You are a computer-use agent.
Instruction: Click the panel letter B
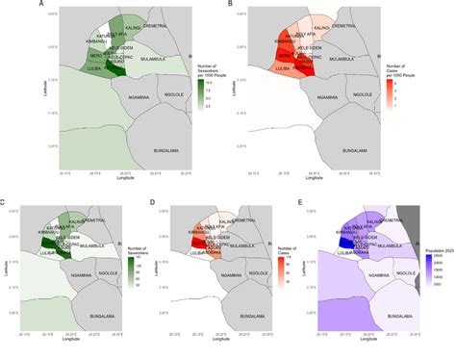(x=228, y=6)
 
